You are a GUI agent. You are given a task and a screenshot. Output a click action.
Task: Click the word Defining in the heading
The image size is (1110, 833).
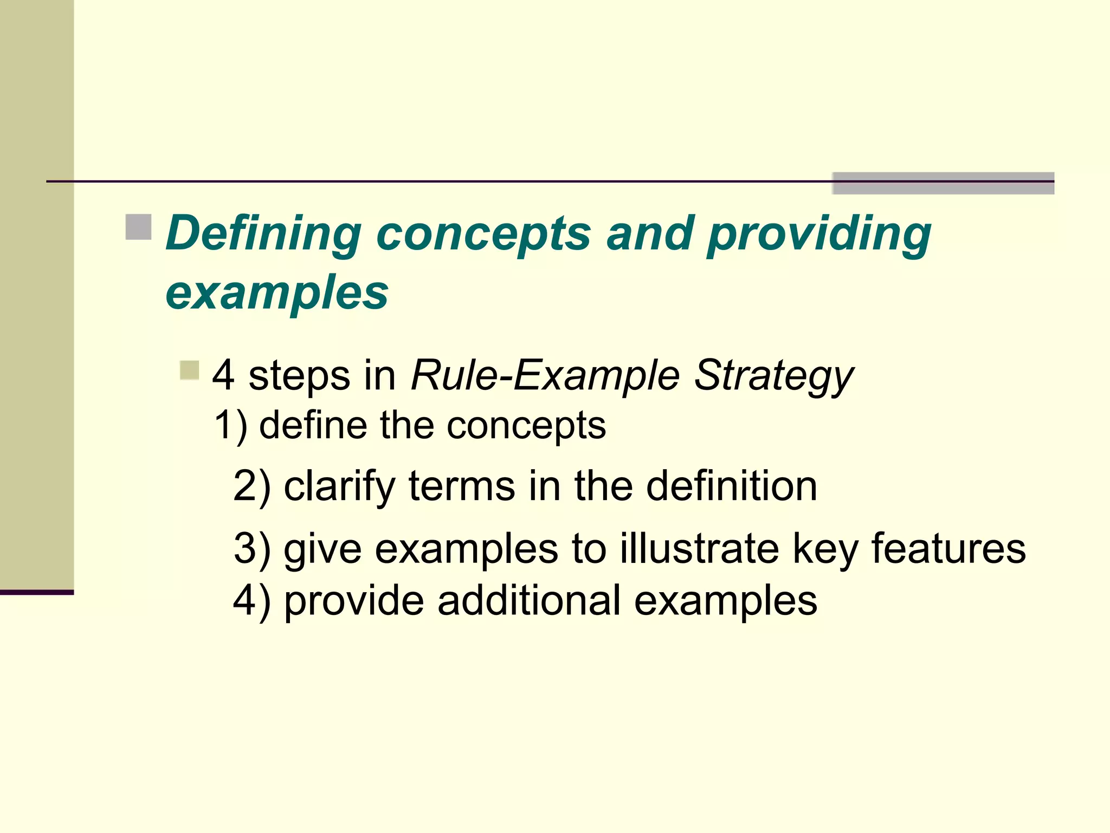(263, 234)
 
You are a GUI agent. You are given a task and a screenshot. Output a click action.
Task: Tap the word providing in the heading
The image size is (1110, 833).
(819, 234)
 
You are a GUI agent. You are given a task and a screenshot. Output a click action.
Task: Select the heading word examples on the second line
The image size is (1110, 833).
(277, 293)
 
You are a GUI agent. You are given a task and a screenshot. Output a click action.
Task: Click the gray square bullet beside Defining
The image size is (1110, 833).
(138, 227)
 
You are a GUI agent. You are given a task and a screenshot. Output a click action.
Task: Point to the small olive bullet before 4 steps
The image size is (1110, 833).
(190, 371)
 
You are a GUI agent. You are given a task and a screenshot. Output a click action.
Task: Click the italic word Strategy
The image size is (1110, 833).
(774, 375)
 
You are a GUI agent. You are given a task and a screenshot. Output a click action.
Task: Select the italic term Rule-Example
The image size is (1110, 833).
(545, 375)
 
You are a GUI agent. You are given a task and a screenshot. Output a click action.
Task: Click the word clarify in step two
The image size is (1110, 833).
(339, 486)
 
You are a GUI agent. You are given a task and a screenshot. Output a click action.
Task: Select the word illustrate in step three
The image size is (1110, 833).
(699, 548)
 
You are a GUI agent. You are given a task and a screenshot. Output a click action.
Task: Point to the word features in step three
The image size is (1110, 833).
(948, 548)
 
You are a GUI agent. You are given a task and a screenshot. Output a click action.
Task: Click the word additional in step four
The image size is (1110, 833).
(529, 600)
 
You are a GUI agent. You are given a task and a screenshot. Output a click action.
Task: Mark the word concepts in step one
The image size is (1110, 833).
(526, 426)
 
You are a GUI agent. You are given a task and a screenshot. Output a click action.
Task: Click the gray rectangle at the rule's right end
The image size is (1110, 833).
(943, 183)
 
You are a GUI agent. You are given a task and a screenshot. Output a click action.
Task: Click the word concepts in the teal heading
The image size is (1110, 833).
(483, 234)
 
